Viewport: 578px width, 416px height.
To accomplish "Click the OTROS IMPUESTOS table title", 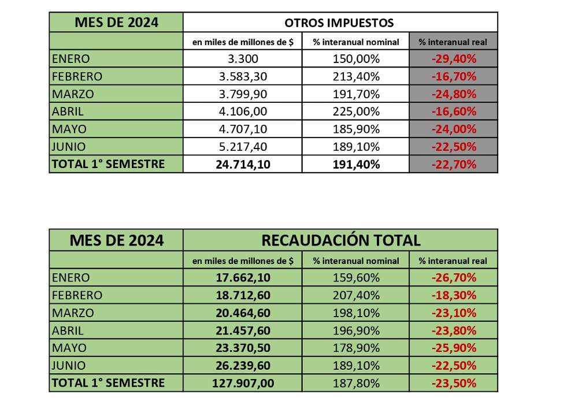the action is click(x=339, y=23).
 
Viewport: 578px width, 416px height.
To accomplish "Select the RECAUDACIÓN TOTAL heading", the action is click(x=341, y=240).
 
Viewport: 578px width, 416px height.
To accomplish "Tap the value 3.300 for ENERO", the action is click(x=243, y=58).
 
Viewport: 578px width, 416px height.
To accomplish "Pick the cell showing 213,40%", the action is click(x=356, y=76).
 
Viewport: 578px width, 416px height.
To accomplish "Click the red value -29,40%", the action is click(x=454, y=58).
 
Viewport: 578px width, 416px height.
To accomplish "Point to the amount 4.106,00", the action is click(x=243, y=112).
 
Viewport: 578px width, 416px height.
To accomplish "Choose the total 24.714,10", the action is click(x=243, y=164).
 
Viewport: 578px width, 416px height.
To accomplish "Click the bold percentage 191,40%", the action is click(x=356, y=164).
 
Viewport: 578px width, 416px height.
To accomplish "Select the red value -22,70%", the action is click(x=454, y=164).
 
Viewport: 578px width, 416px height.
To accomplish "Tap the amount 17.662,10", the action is click(x=243, y=277).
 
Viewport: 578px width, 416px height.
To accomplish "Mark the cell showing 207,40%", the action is click(x=356, y=295).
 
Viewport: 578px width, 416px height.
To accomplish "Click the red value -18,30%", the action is click(x=454, y=295).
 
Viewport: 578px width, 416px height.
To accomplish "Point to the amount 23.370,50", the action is click(x=243, y=348).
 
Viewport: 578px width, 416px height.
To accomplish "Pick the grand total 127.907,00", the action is click(x=243, y=383).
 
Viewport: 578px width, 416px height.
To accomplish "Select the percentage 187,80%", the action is click(x=356, y=383).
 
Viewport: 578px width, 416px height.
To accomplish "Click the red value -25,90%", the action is click(x=454, y=348).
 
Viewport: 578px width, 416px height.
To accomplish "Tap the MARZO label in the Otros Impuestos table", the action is click(x=73, y=94).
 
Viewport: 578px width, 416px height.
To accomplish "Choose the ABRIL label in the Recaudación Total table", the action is click(x=68, y=330).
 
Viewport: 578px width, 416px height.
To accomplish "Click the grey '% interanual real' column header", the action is click(x=453, y=42).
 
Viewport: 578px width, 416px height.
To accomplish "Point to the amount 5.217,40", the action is click(x=243, y=147).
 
